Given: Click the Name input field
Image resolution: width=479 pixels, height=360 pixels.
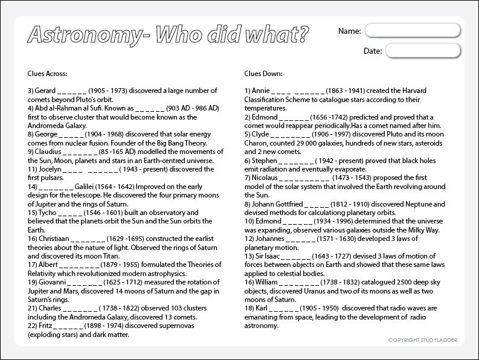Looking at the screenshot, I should [414, 30].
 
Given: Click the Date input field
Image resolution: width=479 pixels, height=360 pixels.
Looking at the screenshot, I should [423, 51].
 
